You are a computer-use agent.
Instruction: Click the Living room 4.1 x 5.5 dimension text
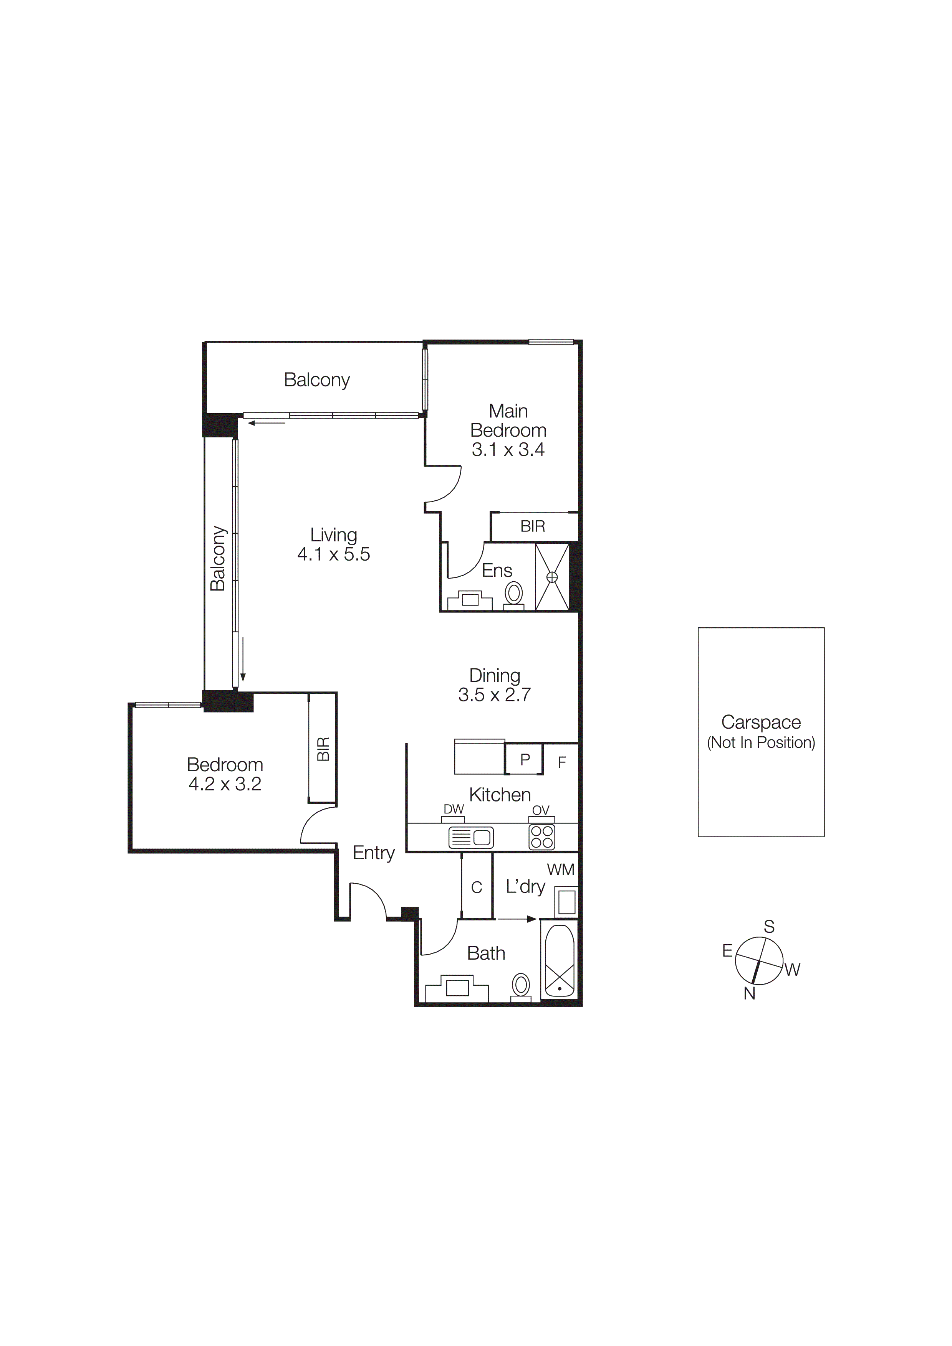pyautogui.click(x=333, y=554)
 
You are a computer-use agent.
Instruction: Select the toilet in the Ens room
pyautogui.click(x=515, y=594)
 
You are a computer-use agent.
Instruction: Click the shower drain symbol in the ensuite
pyautogui.click(x=552, y=577)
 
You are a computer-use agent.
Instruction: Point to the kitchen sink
pyautogui.click(x=471, y=838)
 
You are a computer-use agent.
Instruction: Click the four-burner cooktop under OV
pyautogui.click(x=541, y=837)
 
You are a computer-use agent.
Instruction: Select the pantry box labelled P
pyautogui.click(x=525, y=759)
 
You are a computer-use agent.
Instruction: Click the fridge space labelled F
pyautogui.click(x=561, y=762)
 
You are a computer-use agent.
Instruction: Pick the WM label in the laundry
pyautogui.click(x=561, y=870)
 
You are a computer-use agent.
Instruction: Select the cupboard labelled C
pyautogui.click(x=476, y=887)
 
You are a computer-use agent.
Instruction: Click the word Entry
pyautogui.click(x=374, y=853)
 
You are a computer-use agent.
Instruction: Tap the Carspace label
pyautogui.click(x=761, y=722)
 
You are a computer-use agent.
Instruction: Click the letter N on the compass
pyautogui.click(x=749, y=994)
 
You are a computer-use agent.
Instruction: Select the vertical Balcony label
pyautogui.click(x=218, y=558)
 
